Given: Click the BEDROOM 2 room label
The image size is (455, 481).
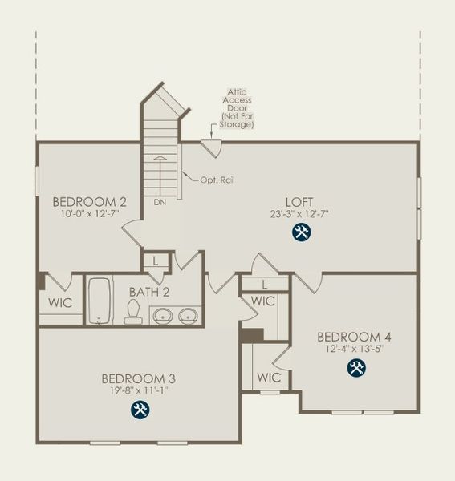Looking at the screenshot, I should tap(89, 200).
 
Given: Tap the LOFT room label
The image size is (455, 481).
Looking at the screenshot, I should tap(299, 201).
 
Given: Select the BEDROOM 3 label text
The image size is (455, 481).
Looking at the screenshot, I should tap(139, 378).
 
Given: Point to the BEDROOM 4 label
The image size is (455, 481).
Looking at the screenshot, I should tap(354, 336).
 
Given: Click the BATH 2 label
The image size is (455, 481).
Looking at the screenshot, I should tap(148, 289).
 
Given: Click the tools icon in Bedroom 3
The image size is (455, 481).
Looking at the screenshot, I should tap(140, 410).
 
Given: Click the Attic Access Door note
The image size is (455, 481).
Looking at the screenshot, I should tap(238, 109).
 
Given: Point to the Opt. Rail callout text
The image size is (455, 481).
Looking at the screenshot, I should tap(217, 180).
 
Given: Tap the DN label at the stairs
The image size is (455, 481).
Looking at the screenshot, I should tap(160, 202).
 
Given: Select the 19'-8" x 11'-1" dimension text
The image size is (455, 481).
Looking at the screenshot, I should tap(139, 390).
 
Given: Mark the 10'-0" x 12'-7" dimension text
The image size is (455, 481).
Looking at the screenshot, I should tap(89, 213).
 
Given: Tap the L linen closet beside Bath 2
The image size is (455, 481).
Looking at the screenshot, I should tap(156, 261).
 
